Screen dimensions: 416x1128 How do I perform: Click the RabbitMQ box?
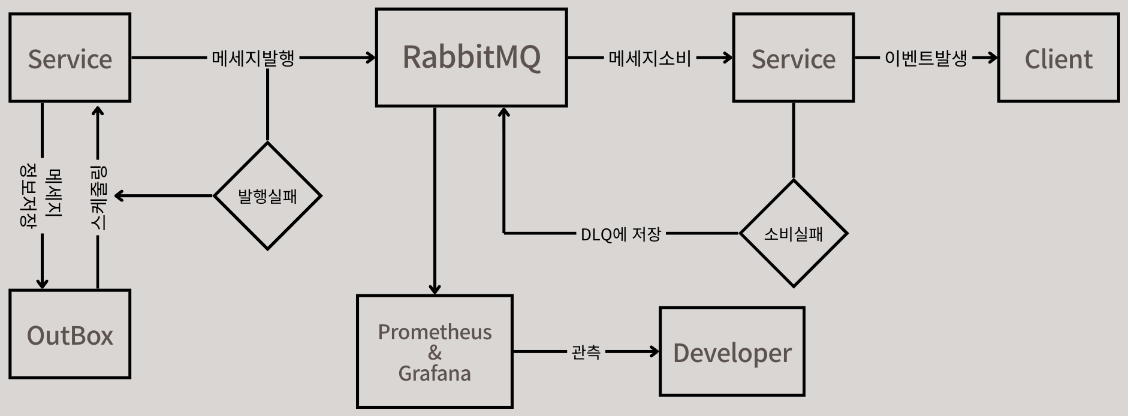[x=471, y=58]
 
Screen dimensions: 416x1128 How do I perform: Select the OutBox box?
[x=70, y=334]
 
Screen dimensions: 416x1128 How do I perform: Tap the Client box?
[x=1058, y=58]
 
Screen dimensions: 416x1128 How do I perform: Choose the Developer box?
[x=732, y=352]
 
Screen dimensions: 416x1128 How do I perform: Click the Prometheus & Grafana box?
[x=435, y=352]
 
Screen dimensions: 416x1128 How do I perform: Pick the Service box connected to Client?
[x=793, y=58]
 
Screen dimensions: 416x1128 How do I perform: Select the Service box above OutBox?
[x=70, y=58]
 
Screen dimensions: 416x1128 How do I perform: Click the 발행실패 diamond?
[x=267, y=195]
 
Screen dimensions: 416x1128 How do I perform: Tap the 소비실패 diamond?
[x=793, y=233]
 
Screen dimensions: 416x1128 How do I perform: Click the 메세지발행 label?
[x=253, y=58]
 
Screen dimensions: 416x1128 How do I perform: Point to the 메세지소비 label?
[x=650, y=58]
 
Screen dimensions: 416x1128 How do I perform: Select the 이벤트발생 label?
[x=925, y=58]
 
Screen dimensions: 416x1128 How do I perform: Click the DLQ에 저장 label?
[x=620, y=234]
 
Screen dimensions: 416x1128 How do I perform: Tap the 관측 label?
[x=586, y=352]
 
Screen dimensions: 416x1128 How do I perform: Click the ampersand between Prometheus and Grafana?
[x=435, y=352]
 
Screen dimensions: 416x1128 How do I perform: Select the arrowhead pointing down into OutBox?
[x=42, y=283]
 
